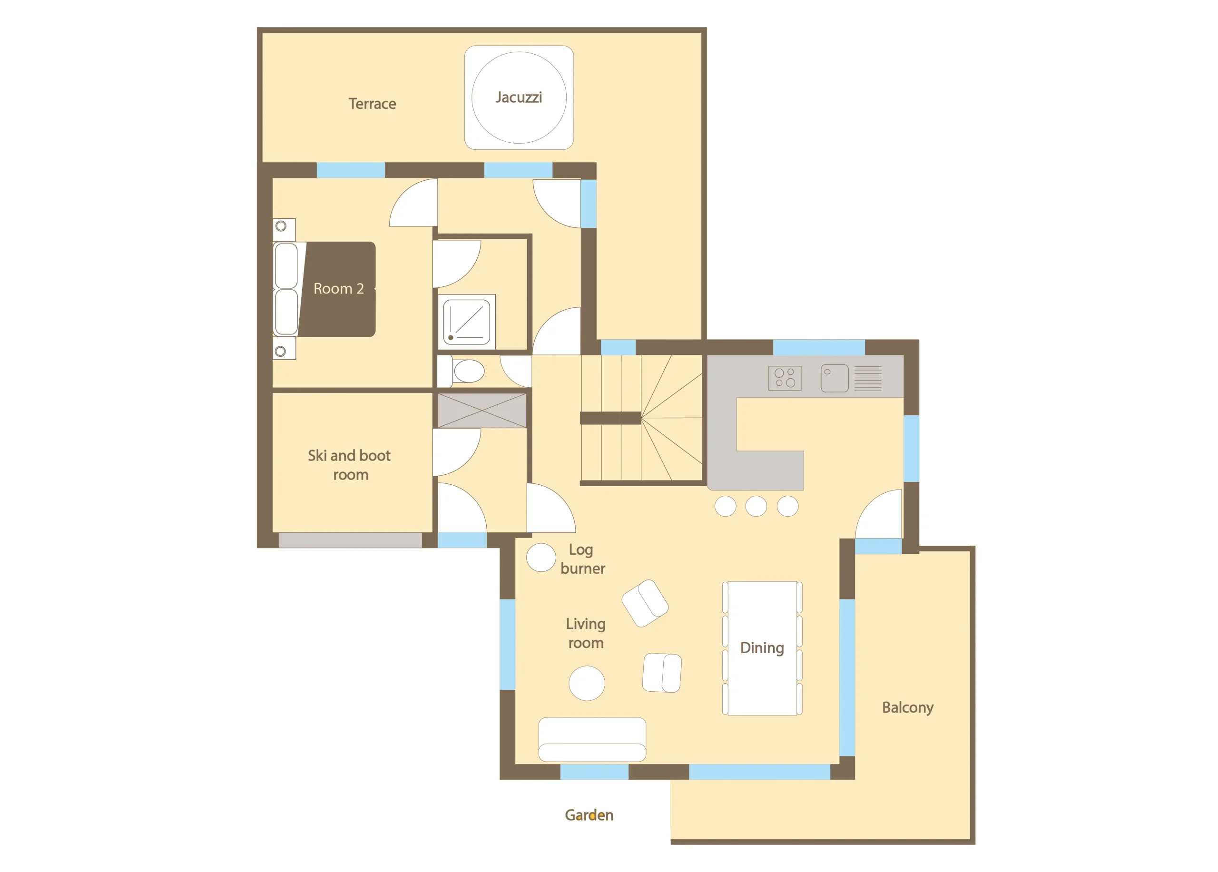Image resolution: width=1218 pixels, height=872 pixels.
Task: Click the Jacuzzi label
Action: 518,98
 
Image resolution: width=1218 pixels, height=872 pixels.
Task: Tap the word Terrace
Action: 372,104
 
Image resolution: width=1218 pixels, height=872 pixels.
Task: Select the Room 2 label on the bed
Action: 338,289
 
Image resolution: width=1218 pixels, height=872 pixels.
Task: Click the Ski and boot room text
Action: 350,465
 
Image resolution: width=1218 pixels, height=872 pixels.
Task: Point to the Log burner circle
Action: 541,558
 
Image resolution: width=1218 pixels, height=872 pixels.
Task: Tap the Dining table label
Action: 762,648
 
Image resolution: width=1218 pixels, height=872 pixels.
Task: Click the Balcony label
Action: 908,708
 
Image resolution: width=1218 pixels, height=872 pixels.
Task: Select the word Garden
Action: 589,815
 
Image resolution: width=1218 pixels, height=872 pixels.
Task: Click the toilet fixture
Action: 462,371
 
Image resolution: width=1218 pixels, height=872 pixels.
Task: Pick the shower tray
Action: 467,322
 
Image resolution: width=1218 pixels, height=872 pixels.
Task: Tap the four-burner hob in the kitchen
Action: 785,378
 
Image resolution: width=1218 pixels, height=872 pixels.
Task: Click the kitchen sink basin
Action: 835,378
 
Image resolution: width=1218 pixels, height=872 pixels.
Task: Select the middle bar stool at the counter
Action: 756,506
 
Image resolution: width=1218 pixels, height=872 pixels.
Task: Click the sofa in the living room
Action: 592,739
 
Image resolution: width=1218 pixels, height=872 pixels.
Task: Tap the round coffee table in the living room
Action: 587,683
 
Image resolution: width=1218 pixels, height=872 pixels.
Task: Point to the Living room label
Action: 586,634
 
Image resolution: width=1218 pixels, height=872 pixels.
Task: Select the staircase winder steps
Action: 671,418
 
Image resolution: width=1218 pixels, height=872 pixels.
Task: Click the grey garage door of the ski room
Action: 350,539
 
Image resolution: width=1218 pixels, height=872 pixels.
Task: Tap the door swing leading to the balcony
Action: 879,513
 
